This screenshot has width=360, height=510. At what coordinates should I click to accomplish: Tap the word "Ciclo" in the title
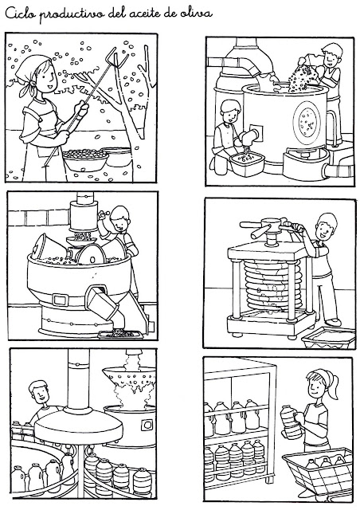(18, 14)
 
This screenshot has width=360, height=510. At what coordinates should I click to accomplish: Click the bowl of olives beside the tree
(85, 159)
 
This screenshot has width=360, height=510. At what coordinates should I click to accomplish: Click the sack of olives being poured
(303, 74)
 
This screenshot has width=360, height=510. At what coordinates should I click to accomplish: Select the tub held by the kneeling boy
(248, 163)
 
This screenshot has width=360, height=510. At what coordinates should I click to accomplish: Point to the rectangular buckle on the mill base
(61, 300)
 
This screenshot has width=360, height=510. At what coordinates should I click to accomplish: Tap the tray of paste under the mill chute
(120, 334)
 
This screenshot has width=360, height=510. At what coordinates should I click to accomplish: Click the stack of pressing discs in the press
(273, 285)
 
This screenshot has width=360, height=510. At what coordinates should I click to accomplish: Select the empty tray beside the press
(328, 338)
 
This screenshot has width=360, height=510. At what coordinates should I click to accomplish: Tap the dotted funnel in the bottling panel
(129, 378)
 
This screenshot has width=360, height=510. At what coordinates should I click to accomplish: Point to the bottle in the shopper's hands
(291, 422)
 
